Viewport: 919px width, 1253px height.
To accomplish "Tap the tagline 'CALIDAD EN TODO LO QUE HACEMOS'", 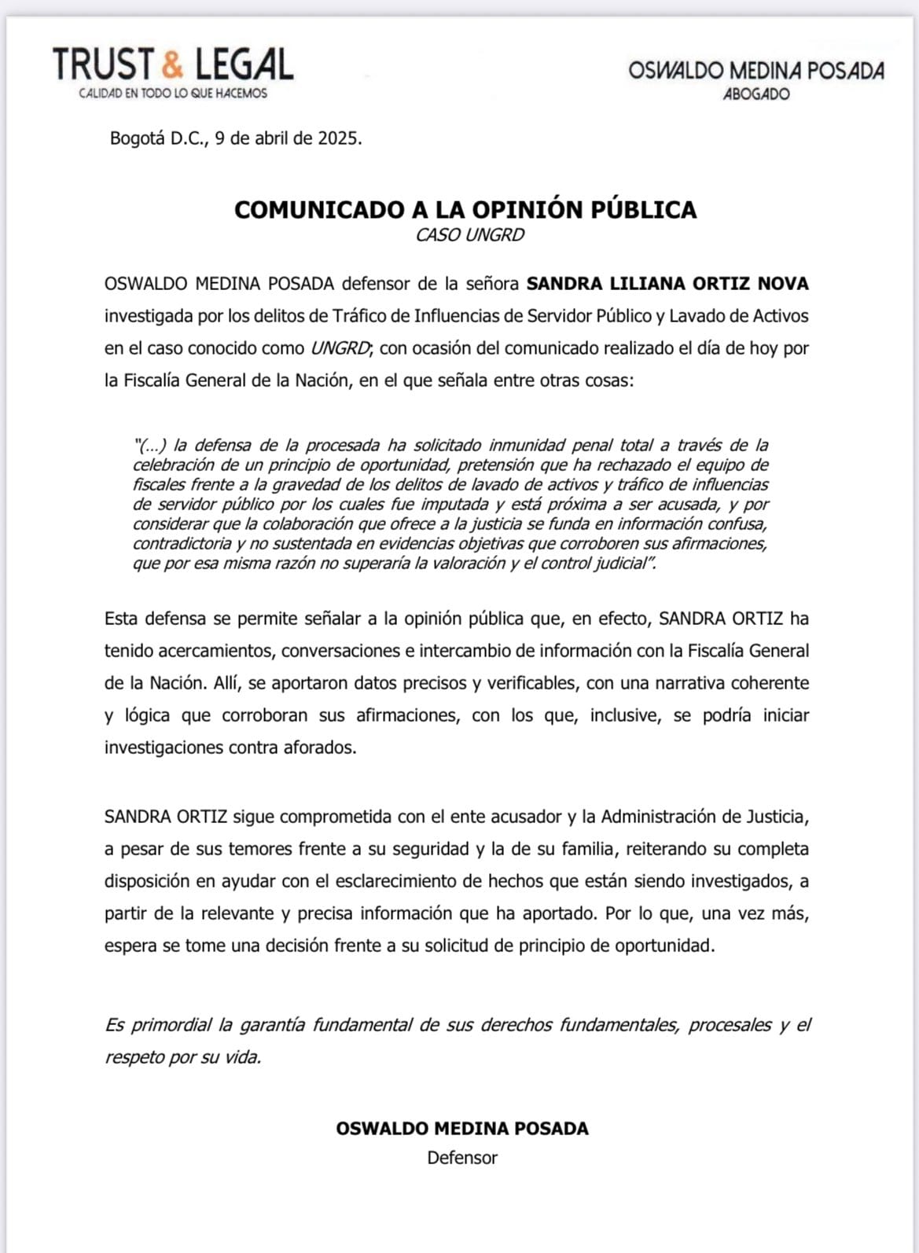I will pos(173,94).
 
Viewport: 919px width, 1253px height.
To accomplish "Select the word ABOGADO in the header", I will pos(756,94).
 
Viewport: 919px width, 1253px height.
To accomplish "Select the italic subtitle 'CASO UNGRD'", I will pos(469,235).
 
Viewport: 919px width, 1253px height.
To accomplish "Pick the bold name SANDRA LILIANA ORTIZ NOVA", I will pos(667,284).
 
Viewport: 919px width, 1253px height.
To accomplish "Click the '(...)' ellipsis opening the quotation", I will pos(152,446).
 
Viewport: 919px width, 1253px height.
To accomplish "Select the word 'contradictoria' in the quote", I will pos(182,544).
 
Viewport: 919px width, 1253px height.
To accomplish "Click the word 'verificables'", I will pos(533,683).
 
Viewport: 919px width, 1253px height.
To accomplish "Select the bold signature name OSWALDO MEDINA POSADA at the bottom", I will pos(462,1129).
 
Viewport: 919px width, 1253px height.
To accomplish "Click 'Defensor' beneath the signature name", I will pos(462,1158).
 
